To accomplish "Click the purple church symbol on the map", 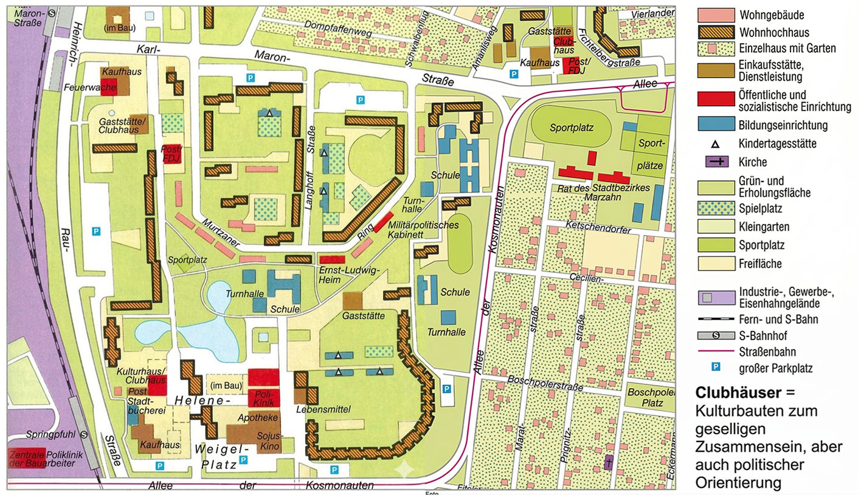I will (609, 463).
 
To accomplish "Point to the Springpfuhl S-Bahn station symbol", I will (83, 435).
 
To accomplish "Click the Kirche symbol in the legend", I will (715, 162).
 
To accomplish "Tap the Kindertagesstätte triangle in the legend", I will (716, 144).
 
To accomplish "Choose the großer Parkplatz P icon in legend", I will (716, 367).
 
